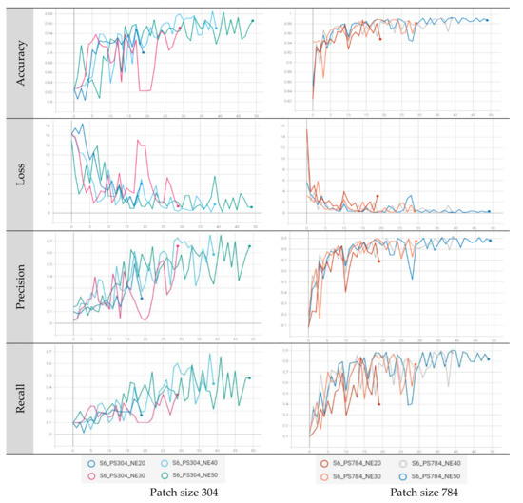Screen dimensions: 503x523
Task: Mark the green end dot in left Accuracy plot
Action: pyautogui.click(x=252, y=20)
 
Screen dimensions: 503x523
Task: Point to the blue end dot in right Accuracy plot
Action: pyautogui.click(x=488, y=20)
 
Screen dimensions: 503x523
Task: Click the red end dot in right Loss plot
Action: pyautogui.click(x=378, y=197)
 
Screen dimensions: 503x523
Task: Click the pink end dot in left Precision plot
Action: pyautogui.click(x=178, y=246)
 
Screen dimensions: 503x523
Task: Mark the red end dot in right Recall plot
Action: pyautogui.click(x=378, y=404)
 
